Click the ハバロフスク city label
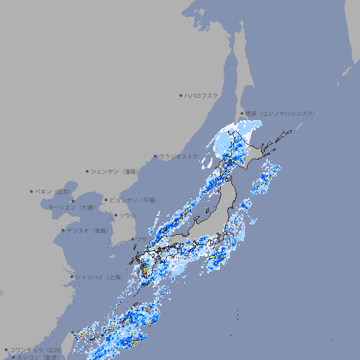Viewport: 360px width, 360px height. (201, 95)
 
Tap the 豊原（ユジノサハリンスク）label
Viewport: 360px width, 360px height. (280, 113)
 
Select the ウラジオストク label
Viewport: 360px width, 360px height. (179, 156)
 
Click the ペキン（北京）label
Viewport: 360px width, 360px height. (54, 191)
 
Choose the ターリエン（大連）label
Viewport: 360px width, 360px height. (70, 207)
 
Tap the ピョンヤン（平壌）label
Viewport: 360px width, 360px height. (132, 200)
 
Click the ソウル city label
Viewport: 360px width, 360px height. (127, 215)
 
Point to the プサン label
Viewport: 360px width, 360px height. (141, 239)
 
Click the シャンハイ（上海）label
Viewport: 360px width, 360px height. (98, 277)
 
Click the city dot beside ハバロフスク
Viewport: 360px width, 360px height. (181, 95)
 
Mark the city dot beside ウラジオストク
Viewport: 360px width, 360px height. (155, 156)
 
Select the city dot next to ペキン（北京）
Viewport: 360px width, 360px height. (32, 191)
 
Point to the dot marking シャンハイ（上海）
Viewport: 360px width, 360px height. (72, 277)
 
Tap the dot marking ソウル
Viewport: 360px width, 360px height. (115, 215)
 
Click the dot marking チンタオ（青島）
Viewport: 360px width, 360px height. (63, 230)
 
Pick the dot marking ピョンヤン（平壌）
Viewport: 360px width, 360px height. (106, 200)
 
